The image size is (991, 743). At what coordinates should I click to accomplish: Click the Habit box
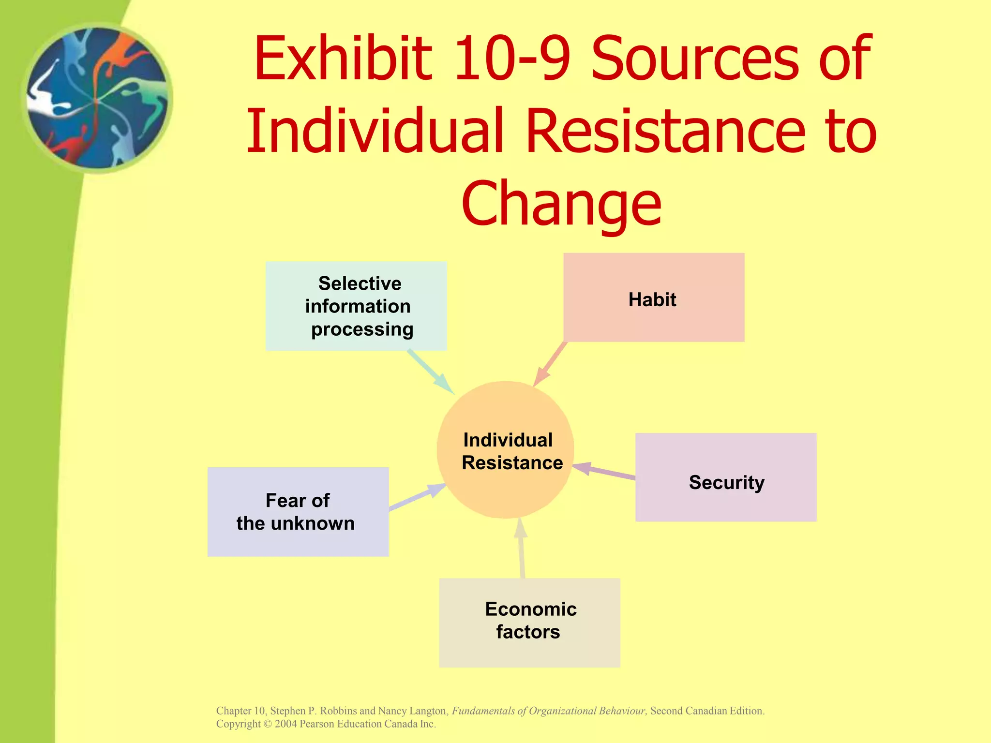pyautogui.click(x=654, y=297)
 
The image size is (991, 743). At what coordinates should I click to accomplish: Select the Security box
pyautogui.click(x=726, y=477)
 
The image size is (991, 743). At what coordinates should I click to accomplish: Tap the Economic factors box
pyautogui.click(x=529, y=623)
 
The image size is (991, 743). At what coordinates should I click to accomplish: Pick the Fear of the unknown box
pyautogui.click(x=298, y=512)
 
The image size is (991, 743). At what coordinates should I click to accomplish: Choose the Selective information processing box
pyautogui.click(x=356, y=306)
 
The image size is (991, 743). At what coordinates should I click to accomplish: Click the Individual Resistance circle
pyautogui.click(x=506, y=450)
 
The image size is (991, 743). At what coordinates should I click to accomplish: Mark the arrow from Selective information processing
pyautogui.click(x=430, y=371)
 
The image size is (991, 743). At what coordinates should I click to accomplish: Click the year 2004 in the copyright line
pyautogui.click(x=285, y=724)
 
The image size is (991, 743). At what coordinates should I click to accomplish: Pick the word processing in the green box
pyautogui.click(x=362, y=329)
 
